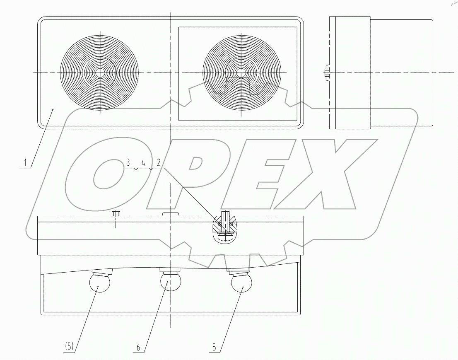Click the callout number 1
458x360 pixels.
25,162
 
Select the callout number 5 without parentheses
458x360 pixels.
215,346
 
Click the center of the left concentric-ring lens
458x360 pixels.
99,72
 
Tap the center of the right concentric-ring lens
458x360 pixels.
242,72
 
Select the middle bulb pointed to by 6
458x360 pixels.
170,282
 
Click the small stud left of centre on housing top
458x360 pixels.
116,214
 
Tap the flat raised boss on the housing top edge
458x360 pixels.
170,214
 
